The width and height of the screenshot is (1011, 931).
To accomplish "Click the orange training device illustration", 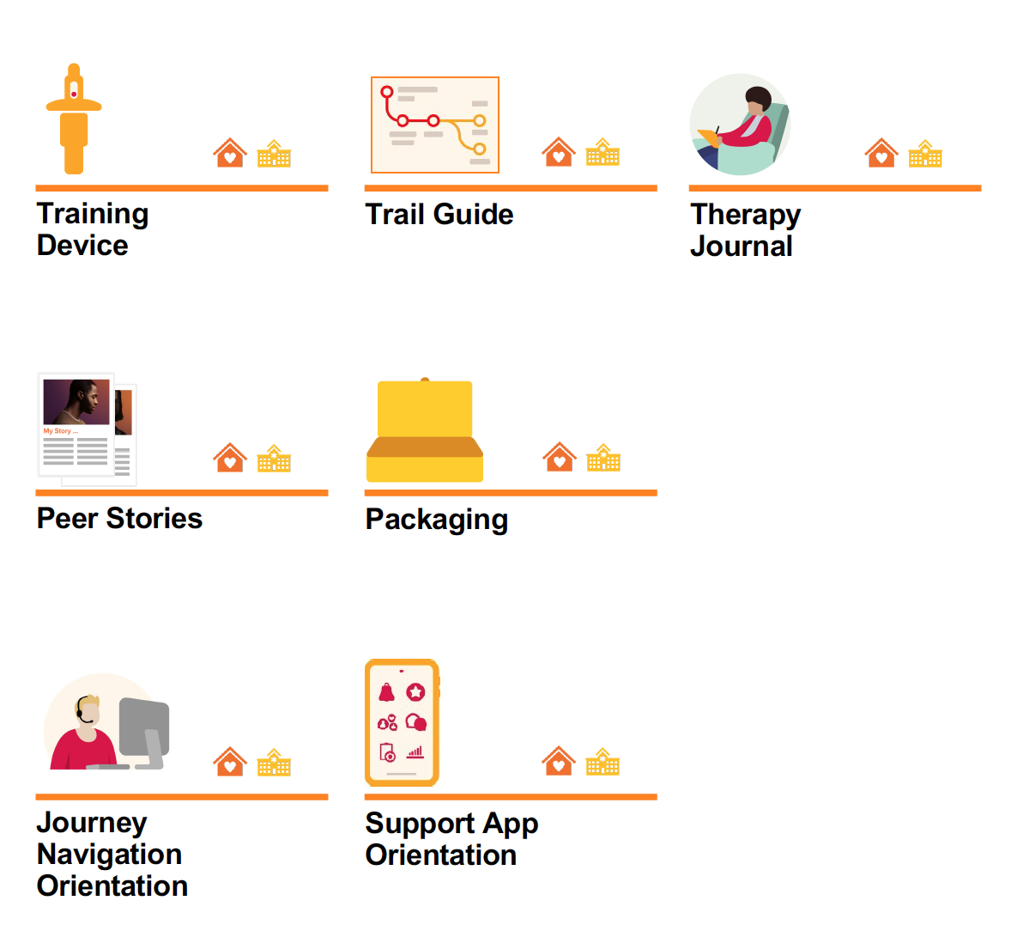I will [x=74, y=120].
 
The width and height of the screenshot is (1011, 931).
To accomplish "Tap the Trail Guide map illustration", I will [x=434, y=125].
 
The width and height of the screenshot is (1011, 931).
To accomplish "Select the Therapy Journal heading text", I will [x=745, y=230].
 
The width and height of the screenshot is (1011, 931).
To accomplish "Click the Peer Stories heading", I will [x=119, y=519].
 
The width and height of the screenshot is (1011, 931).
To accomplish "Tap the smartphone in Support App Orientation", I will [x=402, y=722].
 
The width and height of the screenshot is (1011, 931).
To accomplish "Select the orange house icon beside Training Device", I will [x=230, y=153].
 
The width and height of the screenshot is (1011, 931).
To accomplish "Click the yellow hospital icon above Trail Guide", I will [x=602, y=153].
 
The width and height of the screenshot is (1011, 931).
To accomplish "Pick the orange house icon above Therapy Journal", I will [x=881, y=153].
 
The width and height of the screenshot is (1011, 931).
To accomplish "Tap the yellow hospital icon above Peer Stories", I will [x=274, y=459].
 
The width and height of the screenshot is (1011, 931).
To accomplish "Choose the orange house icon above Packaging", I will [x=560, y=458].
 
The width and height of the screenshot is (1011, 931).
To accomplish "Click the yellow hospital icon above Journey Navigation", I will [x=274, y=763].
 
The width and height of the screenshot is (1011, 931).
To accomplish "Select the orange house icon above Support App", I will [x=559, y=762].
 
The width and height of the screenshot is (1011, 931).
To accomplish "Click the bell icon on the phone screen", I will [x=387, y=692].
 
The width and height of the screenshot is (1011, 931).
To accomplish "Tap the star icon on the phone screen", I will [x=415, y=692].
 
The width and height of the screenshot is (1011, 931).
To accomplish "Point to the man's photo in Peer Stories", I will [x=76, y=402].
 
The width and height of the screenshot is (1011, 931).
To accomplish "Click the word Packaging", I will [x=436, y=520].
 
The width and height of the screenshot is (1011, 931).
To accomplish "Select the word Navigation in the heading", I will [x=109, y=855].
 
